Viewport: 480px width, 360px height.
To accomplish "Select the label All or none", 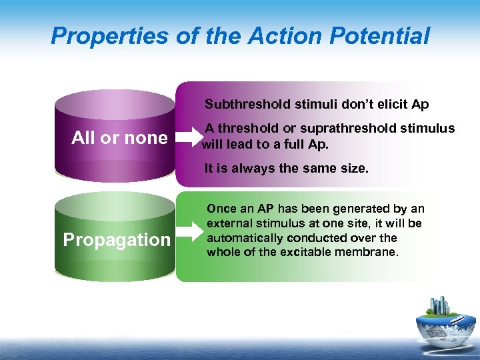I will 119,138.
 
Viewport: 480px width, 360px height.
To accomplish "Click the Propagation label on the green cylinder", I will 117,240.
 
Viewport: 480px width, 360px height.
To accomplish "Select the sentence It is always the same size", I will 286,169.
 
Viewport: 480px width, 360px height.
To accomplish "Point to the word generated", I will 363,209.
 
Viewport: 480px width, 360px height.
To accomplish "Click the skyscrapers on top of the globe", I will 442,306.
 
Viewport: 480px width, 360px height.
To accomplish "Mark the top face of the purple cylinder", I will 114,104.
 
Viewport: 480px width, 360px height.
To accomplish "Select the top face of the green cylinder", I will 114,206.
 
